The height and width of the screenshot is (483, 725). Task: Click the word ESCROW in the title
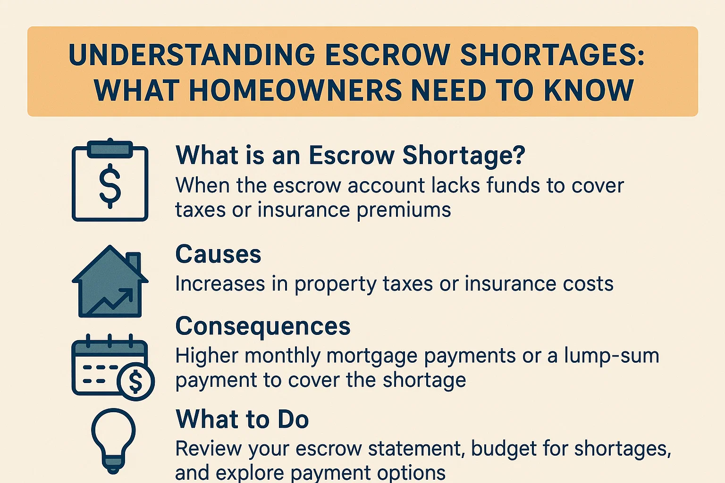click(387, 55)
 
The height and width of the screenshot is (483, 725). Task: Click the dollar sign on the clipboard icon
click(110, 185)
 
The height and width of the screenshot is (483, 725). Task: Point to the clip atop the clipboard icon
click(110, 148)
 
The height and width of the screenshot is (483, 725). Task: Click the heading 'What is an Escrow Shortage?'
click(350, 155)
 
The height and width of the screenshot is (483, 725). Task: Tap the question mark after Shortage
click(518, 155)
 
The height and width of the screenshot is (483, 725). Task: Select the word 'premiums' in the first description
click(404, 210)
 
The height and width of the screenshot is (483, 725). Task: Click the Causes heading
click(218, 255)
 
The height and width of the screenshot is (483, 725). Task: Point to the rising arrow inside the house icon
click(113, 302)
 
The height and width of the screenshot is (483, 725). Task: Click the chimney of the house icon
click(134, 262)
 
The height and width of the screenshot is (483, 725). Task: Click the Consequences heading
click(263, 326)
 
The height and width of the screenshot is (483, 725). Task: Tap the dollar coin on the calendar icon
click(135, 381)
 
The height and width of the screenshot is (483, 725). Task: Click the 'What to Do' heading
click(242, 419)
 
